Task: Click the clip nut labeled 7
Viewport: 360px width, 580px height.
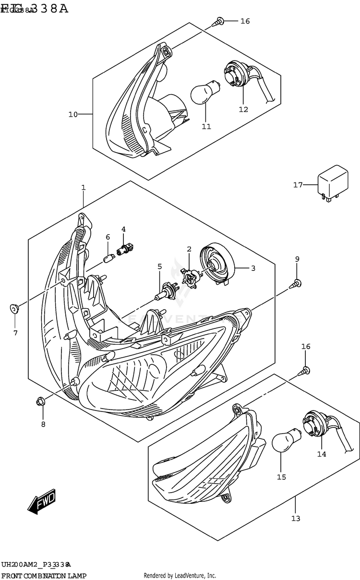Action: tap(14, 309)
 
